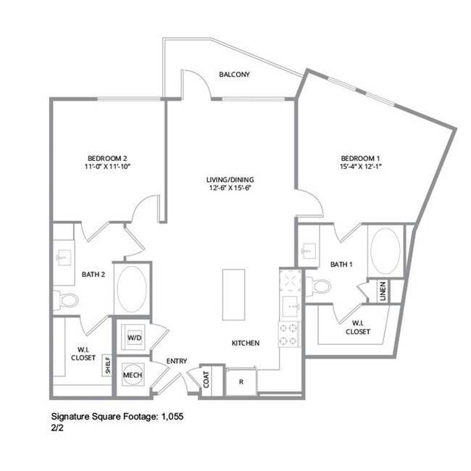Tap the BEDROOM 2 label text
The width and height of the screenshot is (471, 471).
(107, 158)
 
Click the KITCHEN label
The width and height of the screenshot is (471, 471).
(246, 343)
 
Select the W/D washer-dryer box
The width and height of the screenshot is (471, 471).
(135, 338)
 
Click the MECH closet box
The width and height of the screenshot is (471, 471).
(132, 375)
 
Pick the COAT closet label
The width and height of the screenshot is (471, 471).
(207, 380)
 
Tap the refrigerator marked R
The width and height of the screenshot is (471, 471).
(241, 381)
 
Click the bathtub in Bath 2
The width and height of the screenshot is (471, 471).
(132, 288)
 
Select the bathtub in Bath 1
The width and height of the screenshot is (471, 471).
(385, 251)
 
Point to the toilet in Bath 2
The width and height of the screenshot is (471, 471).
(69, 300)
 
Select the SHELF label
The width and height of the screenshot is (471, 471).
(107, 364)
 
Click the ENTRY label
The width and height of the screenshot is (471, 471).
(177, 361)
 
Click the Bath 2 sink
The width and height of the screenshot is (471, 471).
(61, 257)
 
